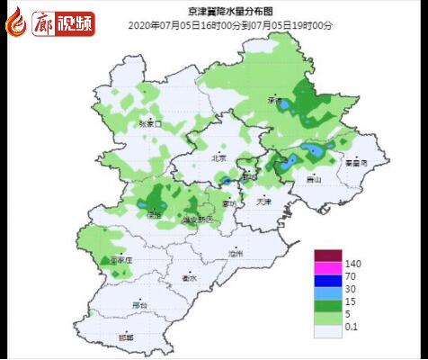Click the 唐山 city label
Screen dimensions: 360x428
pos(314,179)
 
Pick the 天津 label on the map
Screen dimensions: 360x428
pos(263,200)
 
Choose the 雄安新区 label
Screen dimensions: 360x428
pos(197,219)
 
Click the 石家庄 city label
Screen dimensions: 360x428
pos(121,259)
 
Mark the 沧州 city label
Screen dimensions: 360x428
pos(236,255)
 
